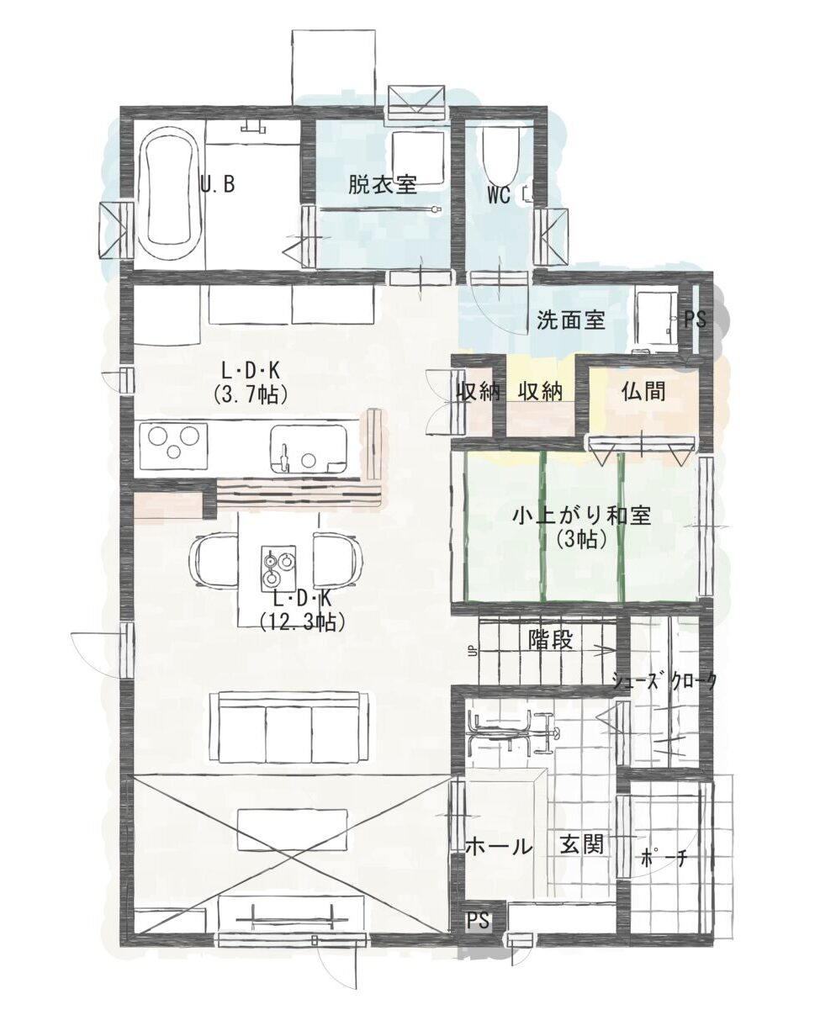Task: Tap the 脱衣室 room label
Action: (382, 185)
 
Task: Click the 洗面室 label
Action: (570, 321)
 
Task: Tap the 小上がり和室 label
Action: (582, 515)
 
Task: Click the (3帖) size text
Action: (582, 538)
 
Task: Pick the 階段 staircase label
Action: (551, 640)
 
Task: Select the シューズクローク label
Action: (664, 681)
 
